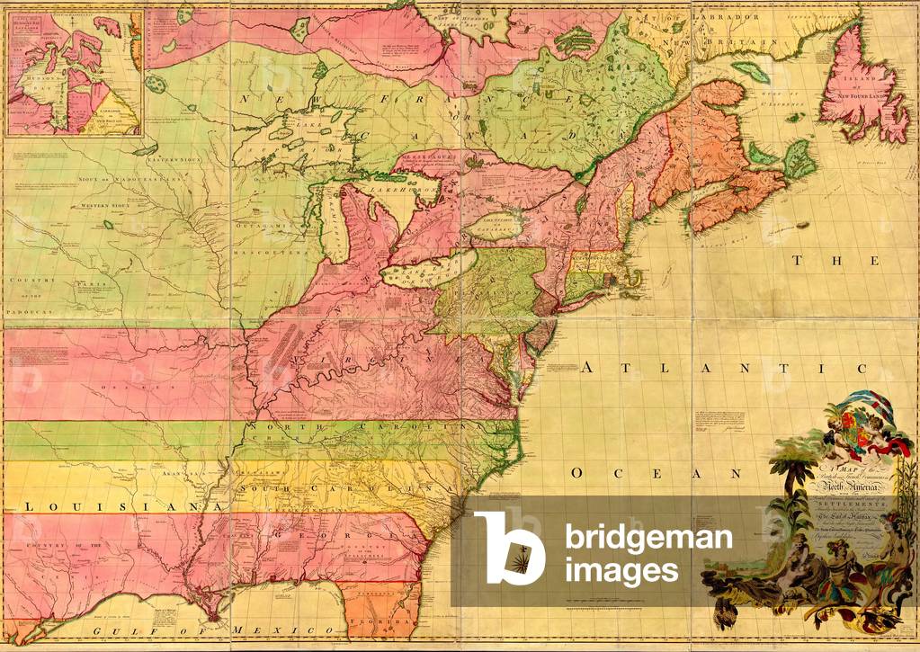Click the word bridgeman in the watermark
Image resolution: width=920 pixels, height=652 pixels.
click(x=648, y=539)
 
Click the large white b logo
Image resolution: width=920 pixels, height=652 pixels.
click(x=509, y=548)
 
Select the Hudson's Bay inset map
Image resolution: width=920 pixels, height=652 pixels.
click(x=74, y=72)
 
